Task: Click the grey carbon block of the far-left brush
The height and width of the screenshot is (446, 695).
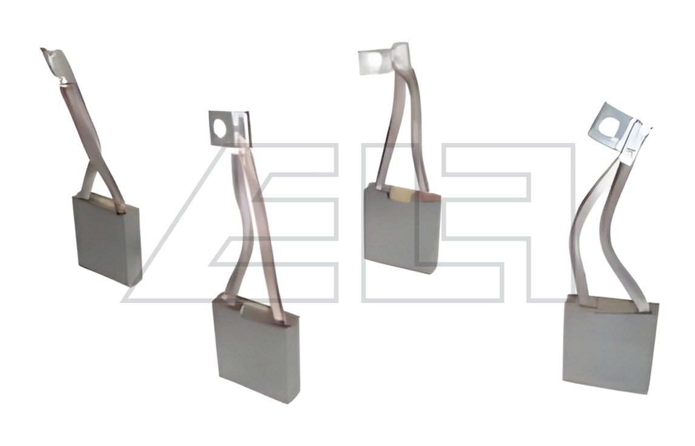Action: click(106, 240)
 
